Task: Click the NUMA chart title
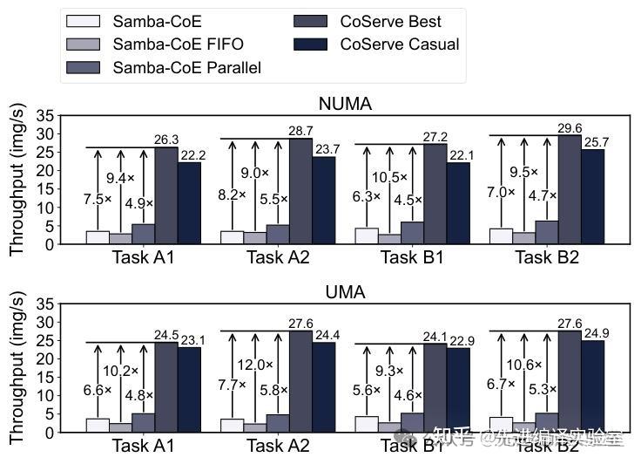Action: click(x=345, y=105)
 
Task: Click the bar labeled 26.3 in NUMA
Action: click(x=165, y=195)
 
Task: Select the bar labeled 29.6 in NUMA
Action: click(x=570, y=189)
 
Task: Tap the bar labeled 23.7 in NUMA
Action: click(x=323, y=201)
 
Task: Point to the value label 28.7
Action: click(x=300, y=131)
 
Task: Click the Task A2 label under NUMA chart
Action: click(x=278, y=256)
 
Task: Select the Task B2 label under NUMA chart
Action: click(x=547, y=256)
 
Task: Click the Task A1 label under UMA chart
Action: click(x=144, y=445)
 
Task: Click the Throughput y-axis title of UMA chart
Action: click(x=17, y=370)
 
